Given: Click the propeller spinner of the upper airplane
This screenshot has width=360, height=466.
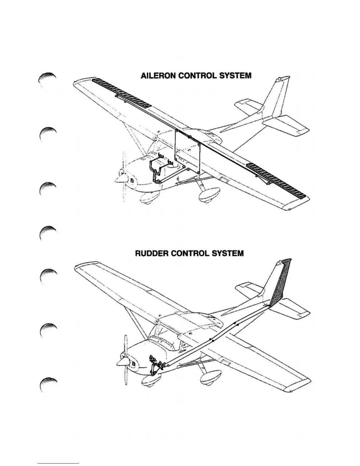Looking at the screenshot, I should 120,179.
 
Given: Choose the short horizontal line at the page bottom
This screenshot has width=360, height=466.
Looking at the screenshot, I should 58,463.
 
